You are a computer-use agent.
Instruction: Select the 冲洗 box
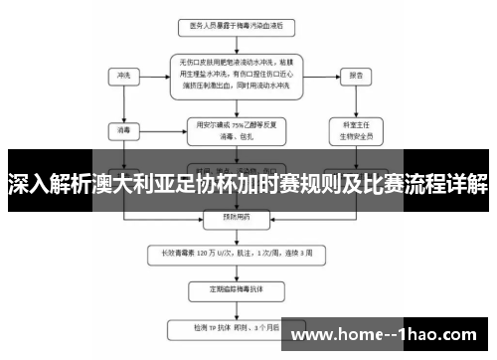(123, 75)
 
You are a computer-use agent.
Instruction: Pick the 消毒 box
(123, 128)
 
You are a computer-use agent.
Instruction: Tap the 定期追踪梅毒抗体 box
(236, 289)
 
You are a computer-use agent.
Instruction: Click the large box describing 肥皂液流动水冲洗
(236, 75)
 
